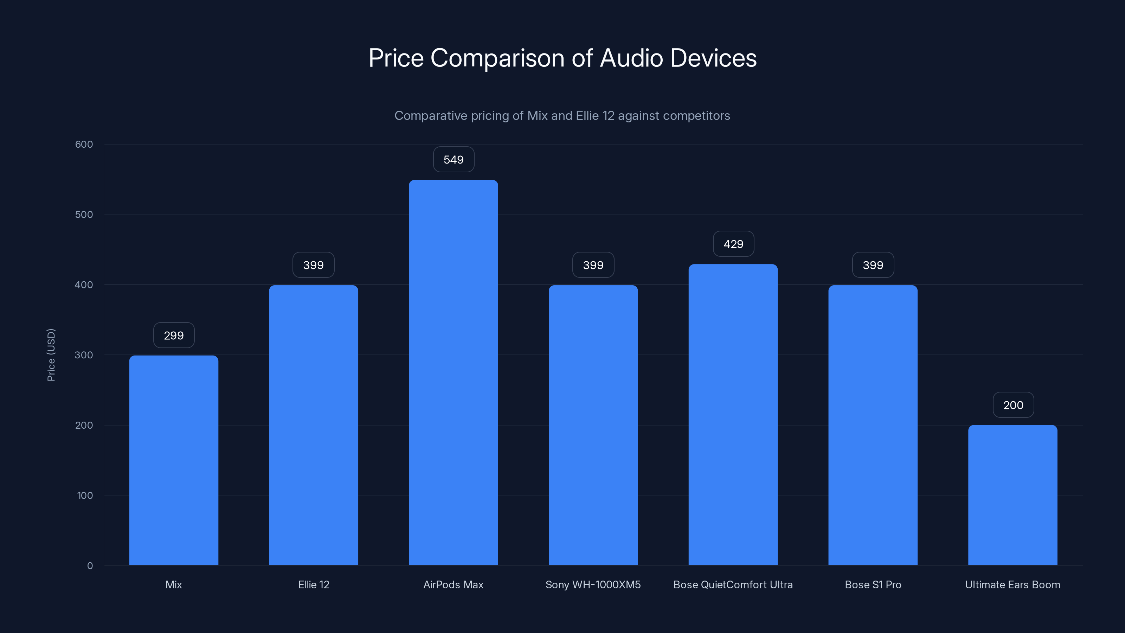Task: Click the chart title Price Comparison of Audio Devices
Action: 562,58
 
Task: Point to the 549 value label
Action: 453,159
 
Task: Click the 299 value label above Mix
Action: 173,335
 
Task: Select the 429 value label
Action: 733,244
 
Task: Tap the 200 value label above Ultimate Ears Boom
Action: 1013,405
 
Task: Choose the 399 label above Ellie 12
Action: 313,265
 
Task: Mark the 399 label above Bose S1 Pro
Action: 873,265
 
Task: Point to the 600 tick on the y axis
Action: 84,144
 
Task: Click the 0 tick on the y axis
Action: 90,566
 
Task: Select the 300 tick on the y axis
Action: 84,355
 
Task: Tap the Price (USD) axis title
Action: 51,355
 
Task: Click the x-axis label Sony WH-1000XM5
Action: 593,584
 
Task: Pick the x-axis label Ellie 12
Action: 313,584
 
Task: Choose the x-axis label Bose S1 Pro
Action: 873,584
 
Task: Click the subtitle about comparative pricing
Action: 562,116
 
